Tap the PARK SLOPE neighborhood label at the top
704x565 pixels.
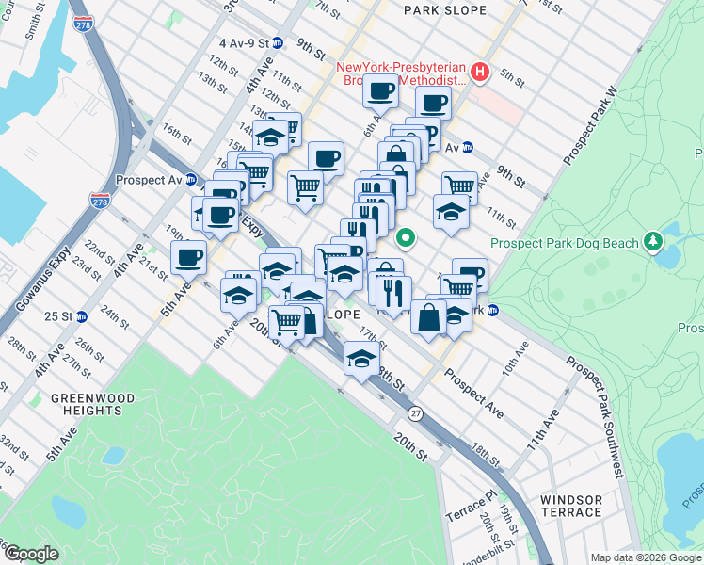(444, 10)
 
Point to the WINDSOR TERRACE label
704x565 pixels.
(571, 506)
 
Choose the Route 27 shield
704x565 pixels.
(414, 413)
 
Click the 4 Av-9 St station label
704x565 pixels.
(243, 43)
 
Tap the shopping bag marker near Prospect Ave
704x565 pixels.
(428, 317)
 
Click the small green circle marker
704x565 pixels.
(407, 236)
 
